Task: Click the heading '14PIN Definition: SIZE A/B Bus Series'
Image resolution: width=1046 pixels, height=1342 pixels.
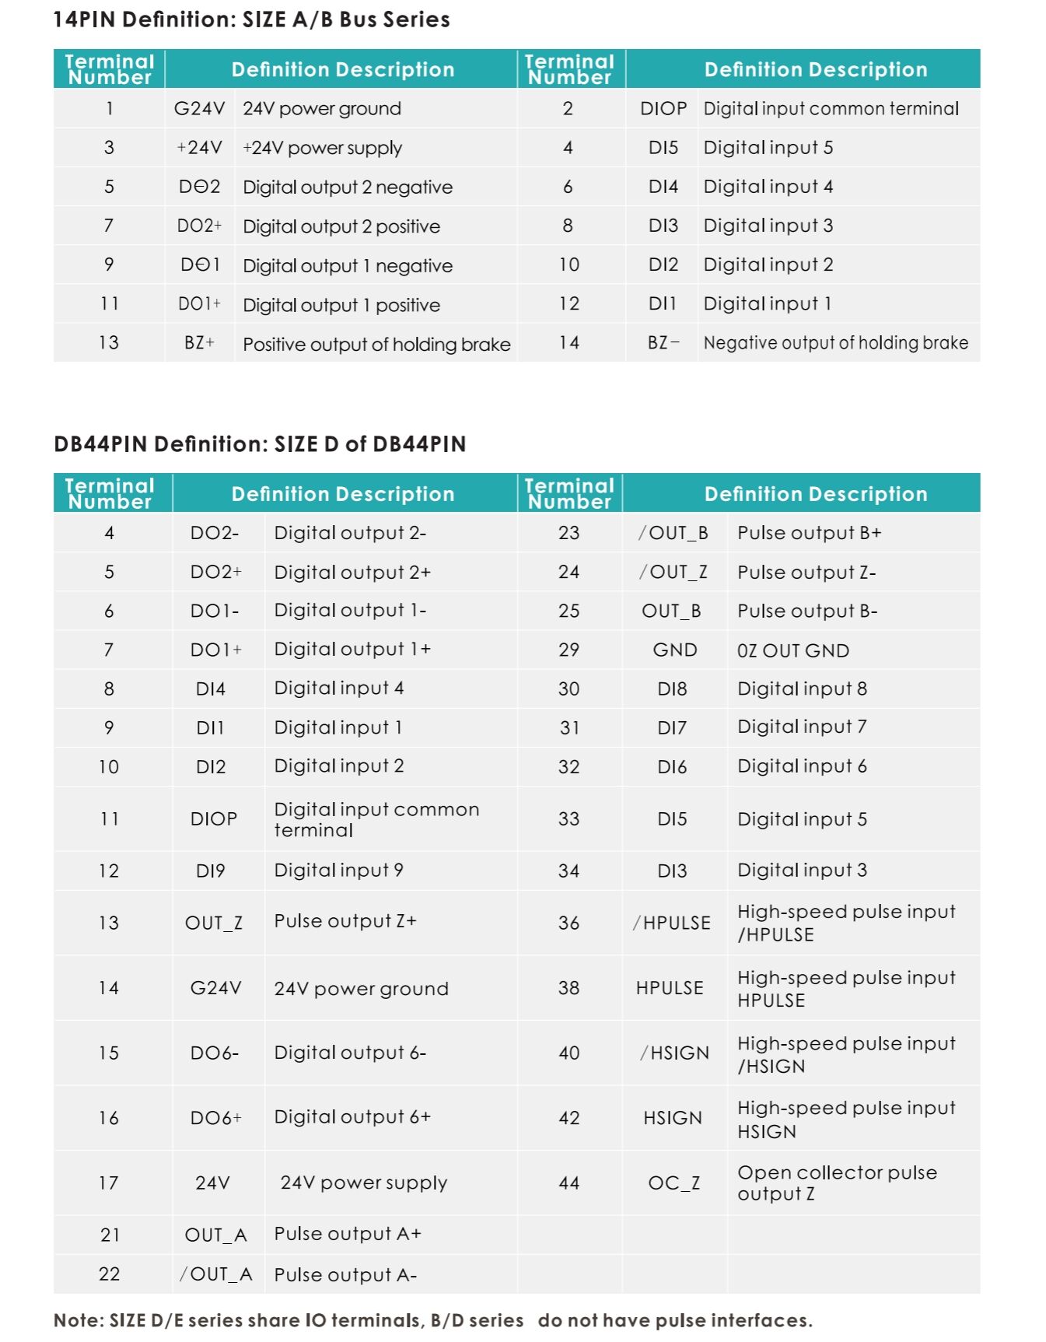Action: pos(251,19)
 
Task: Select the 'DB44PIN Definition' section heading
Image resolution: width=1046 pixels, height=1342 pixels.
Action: pos(260,444)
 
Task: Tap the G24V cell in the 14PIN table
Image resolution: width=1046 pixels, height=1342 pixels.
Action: pos(199,109)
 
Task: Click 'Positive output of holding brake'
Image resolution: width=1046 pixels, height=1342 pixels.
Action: pos(376,344)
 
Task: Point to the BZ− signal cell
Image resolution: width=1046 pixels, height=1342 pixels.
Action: pos(663,343)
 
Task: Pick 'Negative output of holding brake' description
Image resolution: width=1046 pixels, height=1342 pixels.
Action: pos(835,343)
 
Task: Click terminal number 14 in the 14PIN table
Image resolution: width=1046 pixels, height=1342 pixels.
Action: pos(569,343)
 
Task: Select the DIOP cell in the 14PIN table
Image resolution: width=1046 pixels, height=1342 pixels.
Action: pos(663,109)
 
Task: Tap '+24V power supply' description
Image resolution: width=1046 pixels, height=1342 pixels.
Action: pos(322,148)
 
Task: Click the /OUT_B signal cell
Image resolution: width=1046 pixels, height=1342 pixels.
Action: pos(673,533)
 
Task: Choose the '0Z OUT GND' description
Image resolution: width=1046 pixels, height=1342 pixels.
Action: pos(792,650)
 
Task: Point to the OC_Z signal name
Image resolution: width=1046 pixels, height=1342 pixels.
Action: pos(673,1183)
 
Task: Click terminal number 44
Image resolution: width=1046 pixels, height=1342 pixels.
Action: pos(569,1183)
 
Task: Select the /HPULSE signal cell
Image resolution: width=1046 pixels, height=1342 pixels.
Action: pos(672,923)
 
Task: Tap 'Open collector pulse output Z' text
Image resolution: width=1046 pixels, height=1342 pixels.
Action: pos(837,1183)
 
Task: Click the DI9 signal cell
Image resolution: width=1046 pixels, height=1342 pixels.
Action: pos(211,871)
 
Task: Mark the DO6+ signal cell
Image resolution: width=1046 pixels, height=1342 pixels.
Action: pos(215,1118)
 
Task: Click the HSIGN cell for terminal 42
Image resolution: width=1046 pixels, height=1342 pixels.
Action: pos(673,1118)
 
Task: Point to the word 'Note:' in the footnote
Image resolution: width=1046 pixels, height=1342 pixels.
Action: pos(79,1320)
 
